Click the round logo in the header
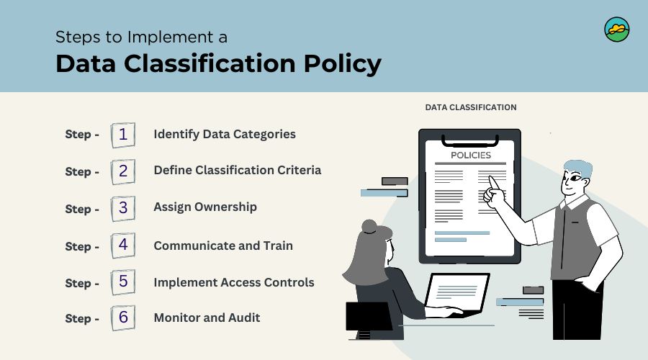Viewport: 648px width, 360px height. (616, 30)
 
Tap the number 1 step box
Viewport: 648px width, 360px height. (122, 135)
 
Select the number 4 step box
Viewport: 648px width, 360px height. (122, 246)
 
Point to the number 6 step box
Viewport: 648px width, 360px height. (122, 318)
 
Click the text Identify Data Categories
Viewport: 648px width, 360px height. (225, 135)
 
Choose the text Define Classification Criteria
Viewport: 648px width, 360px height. (237, 171)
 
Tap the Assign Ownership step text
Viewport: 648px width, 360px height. (205, 207)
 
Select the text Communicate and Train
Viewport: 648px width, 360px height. (223, 246)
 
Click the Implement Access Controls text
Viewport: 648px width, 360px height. (234, 282)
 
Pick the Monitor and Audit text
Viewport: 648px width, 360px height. (207, 318)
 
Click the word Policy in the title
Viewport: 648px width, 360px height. (343, 64)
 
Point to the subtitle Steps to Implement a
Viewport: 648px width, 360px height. (141, 37)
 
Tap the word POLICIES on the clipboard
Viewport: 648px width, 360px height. (471, 156)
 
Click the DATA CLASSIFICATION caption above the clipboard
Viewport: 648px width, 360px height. (471, 107)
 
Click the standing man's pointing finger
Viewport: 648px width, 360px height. (492, 182)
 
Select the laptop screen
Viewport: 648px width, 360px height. (456, 292)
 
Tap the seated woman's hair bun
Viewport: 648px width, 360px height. (369, 227)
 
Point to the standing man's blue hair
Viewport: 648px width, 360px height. (579, 168)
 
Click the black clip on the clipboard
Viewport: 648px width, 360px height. (470, 141)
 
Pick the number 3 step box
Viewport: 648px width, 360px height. (122, 208)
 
